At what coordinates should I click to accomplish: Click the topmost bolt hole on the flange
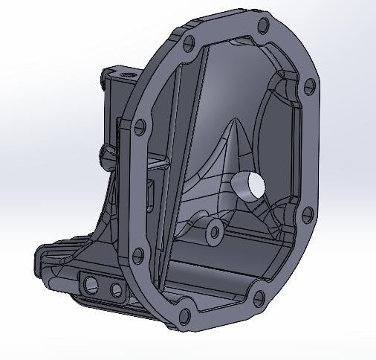tap(262, 27)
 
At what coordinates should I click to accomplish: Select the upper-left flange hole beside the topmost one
tap(188, 42)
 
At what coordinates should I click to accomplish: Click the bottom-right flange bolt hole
tap(258, 300)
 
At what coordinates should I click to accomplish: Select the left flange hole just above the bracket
tap(137, 257)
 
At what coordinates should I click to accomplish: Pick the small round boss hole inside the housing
tap(215, 231)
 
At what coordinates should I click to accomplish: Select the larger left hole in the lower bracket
tap(92, 284)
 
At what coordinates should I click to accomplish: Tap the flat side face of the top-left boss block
tap(111, 97)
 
